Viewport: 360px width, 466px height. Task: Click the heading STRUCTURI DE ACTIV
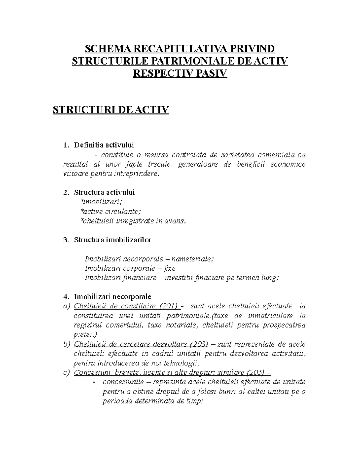click(x=111, y=110)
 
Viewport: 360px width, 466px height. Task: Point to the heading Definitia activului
click(x=104, y=145)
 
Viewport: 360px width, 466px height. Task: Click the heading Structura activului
click(x=104, y=192)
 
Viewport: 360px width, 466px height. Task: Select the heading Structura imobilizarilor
click(x=112, y=240)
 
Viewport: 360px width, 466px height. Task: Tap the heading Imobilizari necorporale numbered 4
click(x=112, y=297)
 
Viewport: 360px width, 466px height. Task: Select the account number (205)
click(x=256, y=373)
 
